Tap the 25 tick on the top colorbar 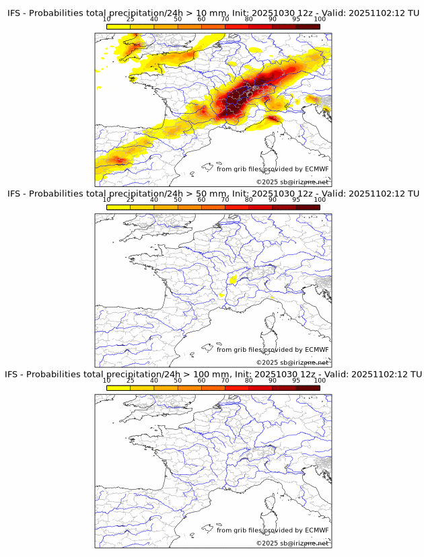click(131, 19)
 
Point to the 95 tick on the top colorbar click(296, 19)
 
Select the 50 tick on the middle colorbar click(178, 200)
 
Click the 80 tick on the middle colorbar click(249, 200)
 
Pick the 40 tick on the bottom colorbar click(154, 380)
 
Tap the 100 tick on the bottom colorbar click(320, 380)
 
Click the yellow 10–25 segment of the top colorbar click(118, 26)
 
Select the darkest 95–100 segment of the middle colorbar click(308, 207)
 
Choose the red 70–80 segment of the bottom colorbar click(237, 387)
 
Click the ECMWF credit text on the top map click(273, 169)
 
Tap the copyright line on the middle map click(292, 363)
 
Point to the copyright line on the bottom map click(292, 543)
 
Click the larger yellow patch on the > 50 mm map click(233, 279)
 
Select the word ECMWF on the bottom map click(316, 530)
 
